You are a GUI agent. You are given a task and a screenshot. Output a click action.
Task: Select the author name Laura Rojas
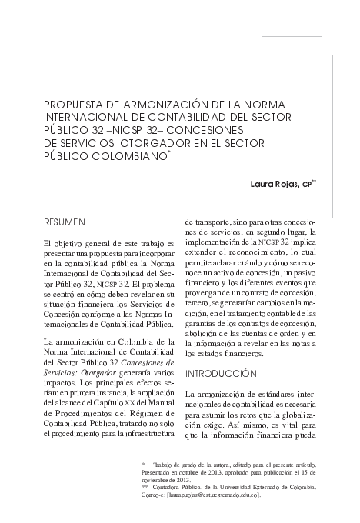click(275, 185)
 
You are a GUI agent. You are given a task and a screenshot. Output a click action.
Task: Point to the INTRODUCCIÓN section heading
click(221, 373)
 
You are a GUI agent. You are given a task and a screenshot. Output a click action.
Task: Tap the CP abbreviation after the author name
click(307, 185)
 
